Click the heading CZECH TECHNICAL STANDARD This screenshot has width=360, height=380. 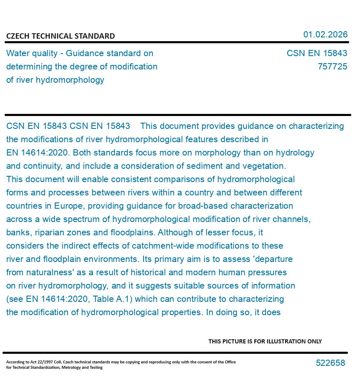[x=60, y=36]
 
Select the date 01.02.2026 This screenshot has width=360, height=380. [x=325, y=35]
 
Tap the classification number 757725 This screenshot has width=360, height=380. [x=332, y=67]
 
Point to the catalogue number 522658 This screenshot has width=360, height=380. [x=330, y=363]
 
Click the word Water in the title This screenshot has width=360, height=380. [x=18, y=53]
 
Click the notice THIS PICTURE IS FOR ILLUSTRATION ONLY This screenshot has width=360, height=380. [x=265, y=341]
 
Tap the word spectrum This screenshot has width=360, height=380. [x=87, y=219]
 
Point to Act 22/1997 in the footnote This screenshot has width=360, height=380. [x=43, y=362]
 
